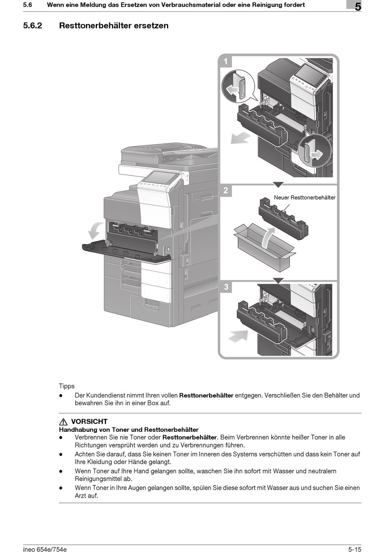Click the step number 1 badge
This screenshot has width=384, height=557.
coord(226,62)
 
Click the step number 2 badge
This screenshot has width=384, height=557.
coord(226,190)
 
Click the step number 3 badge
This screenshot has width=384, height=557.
coord(226,287)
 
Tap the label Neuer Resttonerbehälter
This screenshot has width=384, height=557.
coord(304,198)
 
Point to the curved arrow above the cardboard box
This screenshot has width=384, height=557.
coord(267,238)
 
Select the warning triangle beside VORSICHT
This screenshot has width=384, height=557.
coord(63,422)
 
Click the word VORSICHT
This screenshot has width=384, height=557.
coord(89,422)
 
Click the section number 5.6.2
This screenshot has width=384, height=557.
coord(33,25)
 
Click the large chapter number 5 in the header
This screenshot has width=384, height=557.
coord(358,6)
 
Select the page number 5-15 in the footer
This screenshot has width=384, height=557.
coord(354,549)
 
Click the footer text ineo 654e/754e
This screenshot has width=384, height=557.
coord(45,549)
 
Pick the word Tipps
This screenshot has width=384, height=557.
coord(67,386)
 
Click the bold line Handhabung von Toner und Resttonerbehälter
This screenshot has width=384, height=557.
coord(129,430)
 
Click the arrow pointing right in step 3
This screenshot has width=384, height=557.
coord(238,336)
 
